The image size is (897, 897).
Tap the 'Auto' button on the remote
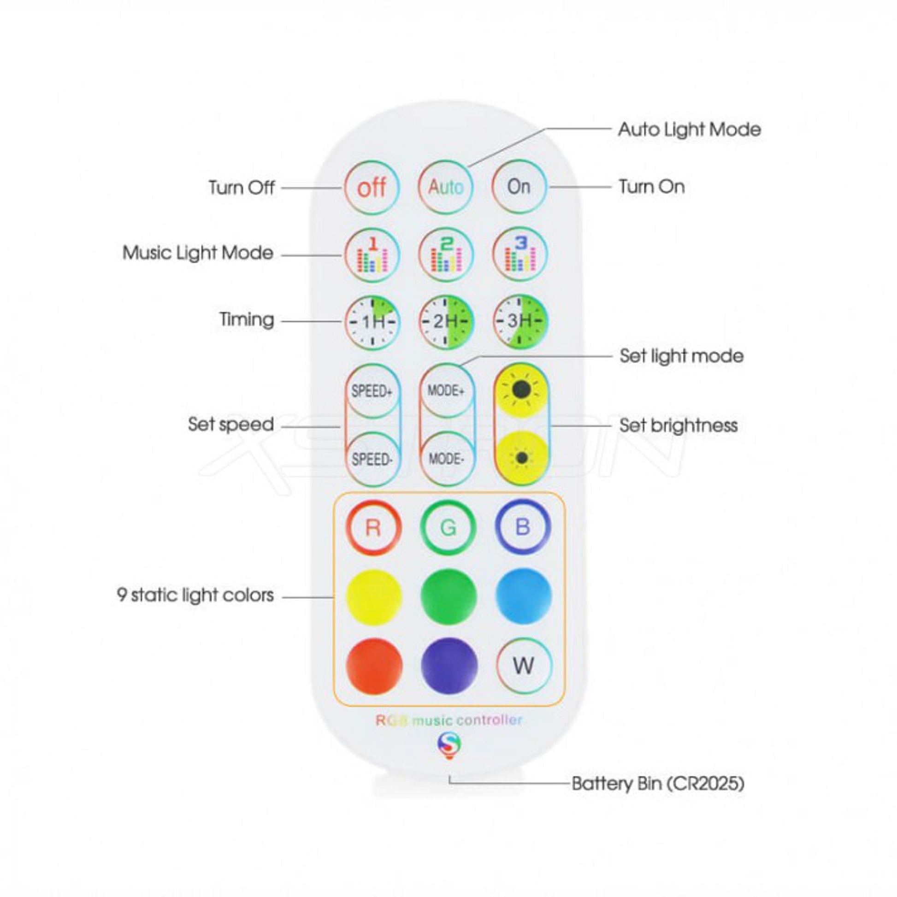coord(446,187)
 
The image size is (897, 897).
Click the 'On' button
coord(519,187)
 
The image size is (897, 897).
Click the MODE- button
coord(446,459)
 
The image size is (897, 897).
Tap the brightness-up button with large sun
coord(521,390)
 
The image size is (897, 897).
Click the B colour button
coord(522,527)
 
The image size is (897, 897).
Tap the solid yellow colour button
coord(374,596)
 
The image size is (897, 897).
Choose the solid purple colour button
coord(449,665)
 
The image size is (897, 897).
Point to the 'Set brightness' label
coord(679,425)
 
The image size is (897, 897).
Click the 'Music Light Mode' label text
coord(198,253)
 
